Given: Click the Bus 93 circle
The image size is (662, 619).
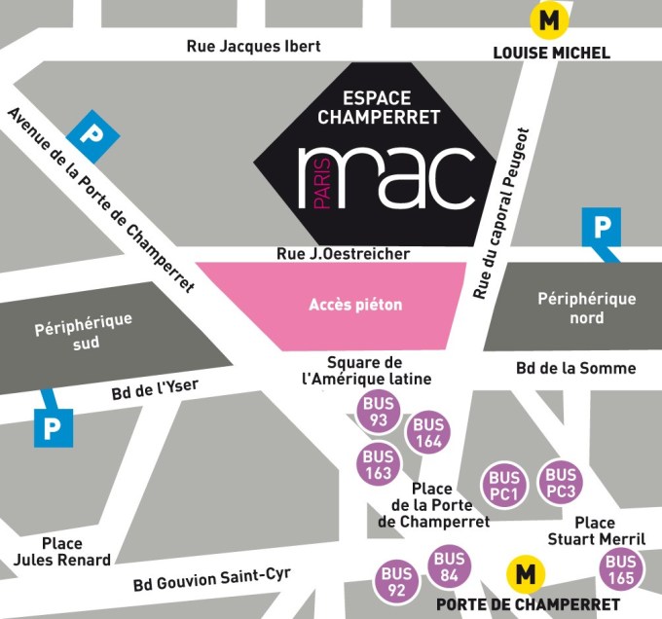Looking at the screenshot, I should tap(379, 412).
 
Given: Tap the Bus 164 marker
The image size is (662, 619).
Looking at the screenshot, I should tap(428, 433).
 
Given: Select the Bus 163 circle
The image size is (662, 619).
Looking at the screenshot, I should tap(379, 464).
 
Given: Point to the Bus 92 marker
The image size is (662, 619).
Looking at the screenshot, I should tap(397, 581).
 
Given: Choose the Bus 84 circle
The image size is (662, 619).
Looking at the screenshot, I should tap(449, 566).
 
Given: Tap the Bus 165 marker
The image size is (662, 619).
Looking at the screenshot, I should tap(620, 569).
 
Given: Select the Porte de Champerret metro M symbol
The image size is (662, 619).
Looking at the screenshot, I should tap(526, 574).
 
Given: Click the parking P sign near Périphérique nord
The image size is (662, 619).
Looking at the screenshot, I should tap(601, 228).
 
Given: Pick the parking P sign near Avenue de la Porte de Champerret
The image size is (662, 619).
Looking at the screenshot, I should tap(94, 135).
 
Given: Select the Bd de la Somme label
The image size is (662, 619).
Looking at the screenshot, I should tap(575, 368).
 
